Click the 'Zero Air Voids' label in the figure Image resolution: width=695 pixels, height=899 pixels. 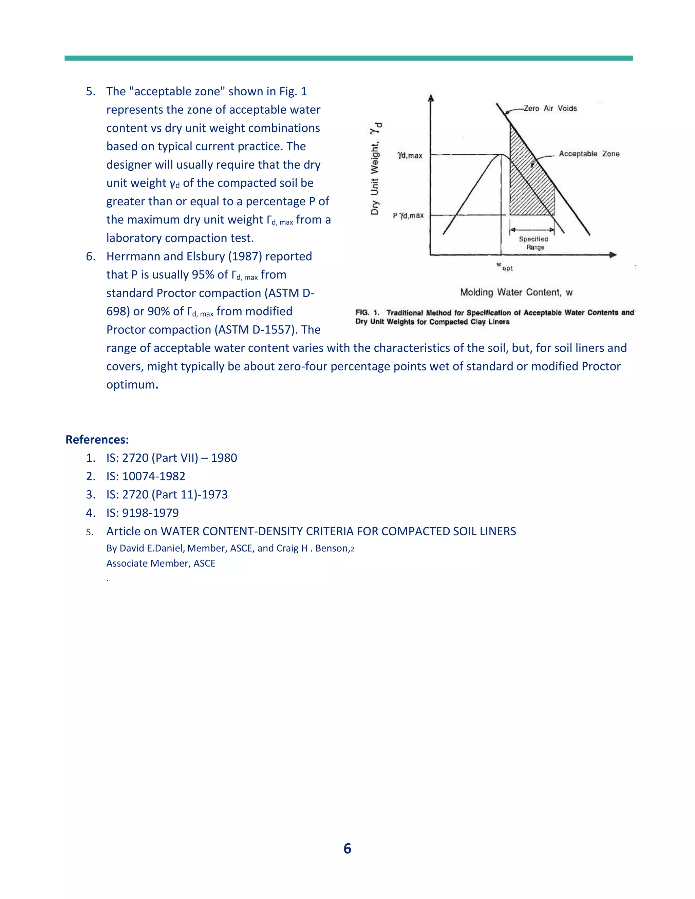click(550, 108)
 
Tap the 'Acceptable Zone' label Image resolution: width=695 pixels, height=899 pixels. click(589, 154)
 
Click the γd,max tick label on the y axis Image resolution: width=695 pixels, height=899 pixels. click(410, 155)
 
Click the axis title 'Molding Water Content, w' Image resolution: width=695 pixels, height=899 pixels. click(516, 292)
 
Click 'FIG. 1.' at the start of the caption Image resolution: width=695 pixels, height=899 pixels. click(367, 312)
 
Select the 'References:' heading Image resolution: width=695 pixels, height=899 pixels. click(97, 440)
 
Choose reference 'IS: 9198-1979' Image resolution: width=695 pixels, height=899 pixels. click(143, 513)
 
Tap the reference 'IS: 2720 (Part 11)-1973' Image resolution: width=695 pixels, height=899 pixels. click(167, 494)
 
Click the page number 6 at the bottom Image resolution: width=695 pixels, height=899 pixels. click(347, 848)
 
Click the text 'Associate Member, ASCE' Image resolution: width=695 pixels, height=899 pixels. click(161, 563)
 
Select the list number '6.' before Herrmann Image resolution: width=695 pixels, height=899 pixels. click(91, 256)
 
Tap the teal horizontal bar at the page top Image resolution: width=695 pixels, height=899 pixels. click(348, 58)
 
